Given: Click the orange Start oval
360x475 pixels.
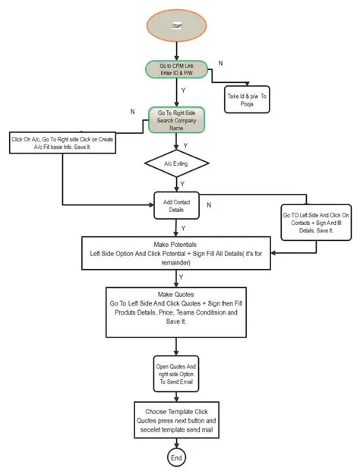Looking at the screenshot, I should pos(176,25).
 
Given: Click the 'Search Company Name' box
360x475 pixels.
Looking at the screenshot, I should pos(176,120).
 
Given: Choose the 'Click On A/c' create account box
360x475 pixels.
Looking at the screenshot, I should pos(62,144).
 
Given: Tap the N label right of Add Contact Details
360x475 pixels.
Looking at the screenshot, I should pos(209,204).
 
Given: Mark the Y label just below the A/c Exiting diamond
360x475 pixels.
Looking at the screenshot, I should pos(182,184).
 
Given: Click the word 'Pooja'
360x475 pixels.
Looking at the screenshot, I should pos(248,105).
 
